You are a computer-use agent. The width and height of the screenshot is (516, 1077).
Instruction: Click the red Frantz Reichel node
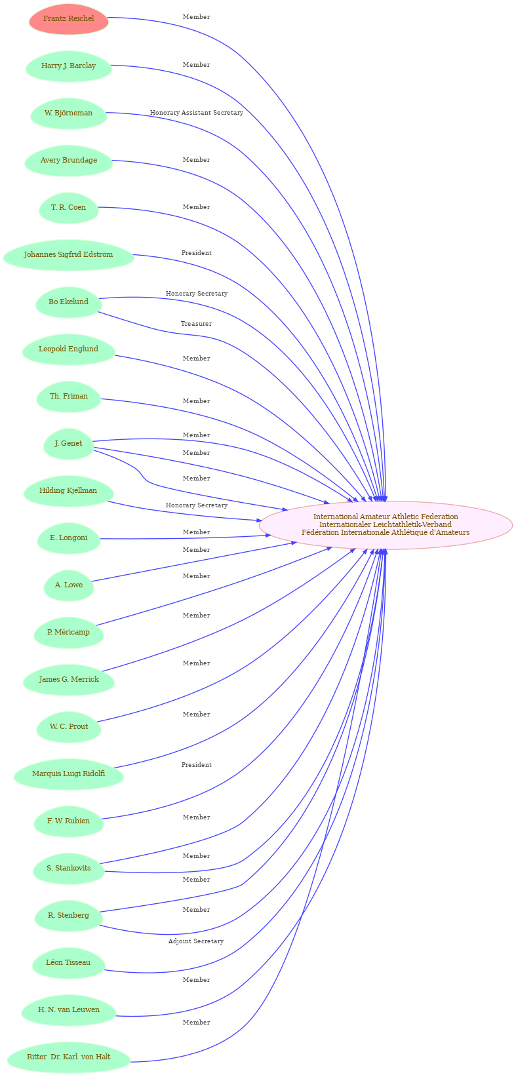coord(68,19)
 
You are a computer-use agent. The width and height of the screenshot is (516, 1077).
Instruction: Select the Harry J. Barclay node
coord(68,66)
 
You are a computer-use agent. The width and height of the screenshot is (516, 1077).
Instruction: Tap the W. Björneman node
coord(68,113)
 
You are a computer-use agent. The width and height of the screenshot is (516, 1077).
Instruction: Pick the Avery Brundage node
coord(68,160)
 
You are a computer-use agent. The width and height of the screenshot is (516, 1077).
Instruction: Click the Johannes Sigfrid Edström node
coord(68,254)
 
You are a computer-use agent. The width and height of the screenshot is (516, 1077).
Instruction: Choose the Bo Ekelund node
coord(68,302)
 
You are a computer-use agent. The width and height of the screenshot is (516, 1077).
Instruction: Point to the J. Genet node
coord(68,443)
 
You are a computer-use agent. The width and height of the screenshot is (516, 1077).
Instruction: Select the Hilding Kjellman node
coord(68,490)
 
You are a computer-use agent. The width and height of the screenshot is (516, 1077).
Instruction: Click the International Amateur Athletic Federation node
coord(386,524)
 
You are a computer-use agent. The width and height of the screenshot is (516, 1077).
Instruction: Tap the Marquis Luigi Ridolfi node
coord(68,773)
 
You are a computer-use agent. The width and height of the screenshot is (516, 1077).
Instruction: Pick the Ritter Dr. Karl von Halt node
coord(68,1057)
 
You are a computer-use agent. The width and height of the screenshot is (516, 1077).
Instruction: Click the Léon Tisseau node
coord(68,962)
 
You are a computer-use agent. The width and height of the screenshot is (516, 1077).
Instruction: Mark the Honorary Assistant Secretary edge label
coord(197,113)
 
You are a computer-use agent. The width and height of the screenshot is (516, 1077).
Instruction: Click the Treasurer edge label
coord(196,324)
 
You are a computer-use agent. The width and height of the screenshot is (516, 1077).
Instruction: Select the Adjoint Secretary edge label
coord(196,941)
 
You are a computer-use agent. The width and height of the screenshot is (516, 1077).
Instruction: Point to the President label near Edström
coord(196,253)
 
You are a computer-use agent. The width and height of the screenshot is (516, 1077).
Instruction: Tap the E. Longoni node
coord(68,538)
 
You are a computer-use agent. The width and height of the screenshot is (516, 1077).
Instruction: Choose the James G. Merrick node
coord(68,679)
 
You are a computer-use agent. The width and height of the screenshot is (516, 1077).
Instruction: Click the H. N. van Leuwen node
coord(68,1009)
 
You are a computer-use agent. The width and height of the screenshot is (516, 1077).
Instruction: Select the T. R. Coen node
coord(68,207)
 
